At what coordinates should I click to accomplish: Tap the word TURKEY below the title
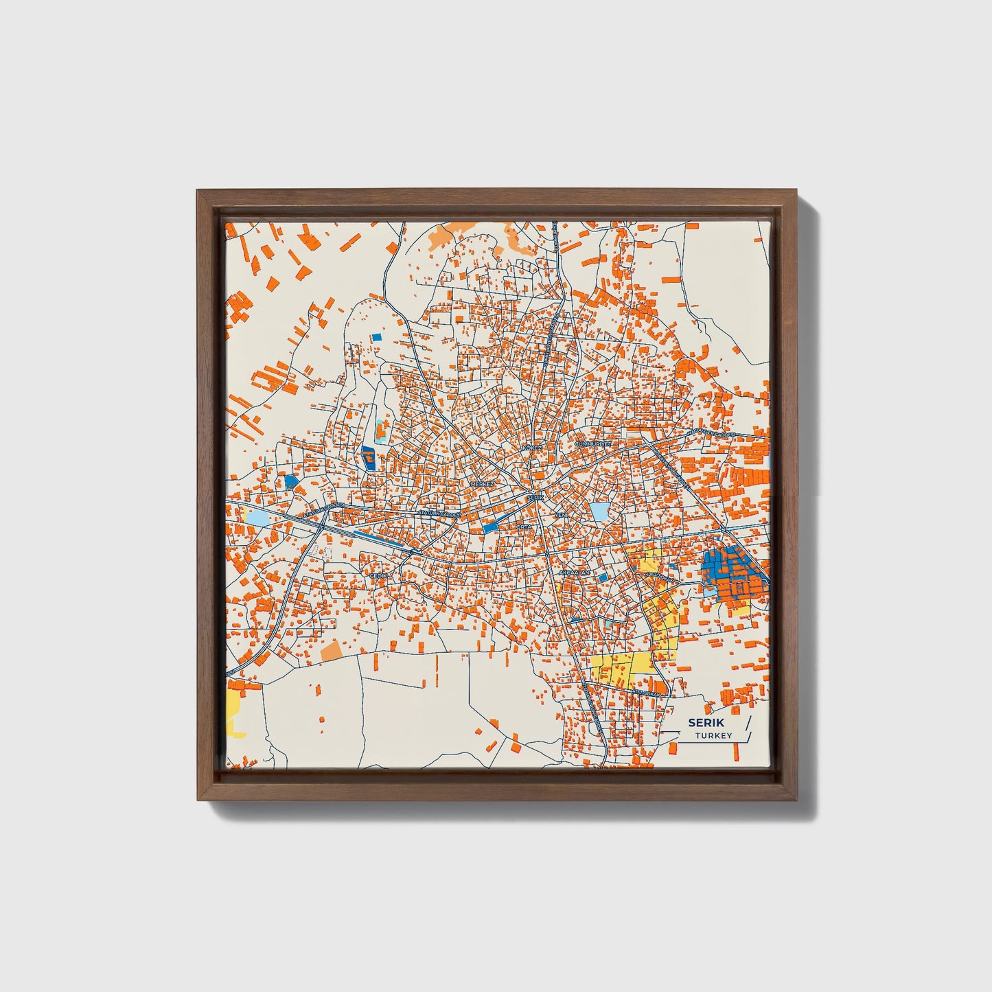tap(713, 736)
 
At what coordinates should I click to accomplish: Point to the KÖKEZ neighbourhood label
tap(532, 448)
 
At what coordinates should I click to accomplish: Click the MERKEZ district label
tap(482, 484)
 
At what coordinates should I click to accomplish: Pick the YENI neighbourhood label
tap(561, 514)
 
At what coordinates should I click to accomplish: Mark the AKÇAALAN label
tap(575, 572)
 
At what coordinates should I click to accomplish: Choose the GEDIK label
tap(379, 575)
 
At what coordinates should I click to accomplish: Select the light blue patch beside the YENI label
tap(599, 511)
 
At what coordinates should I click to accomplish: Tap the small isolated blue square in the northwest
tap(376, 337)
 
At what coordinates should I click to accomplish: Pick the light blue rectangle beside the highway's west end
tap(257, 517)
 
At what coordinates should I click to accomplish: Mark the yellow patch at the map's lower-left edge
tap(235, 711)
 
